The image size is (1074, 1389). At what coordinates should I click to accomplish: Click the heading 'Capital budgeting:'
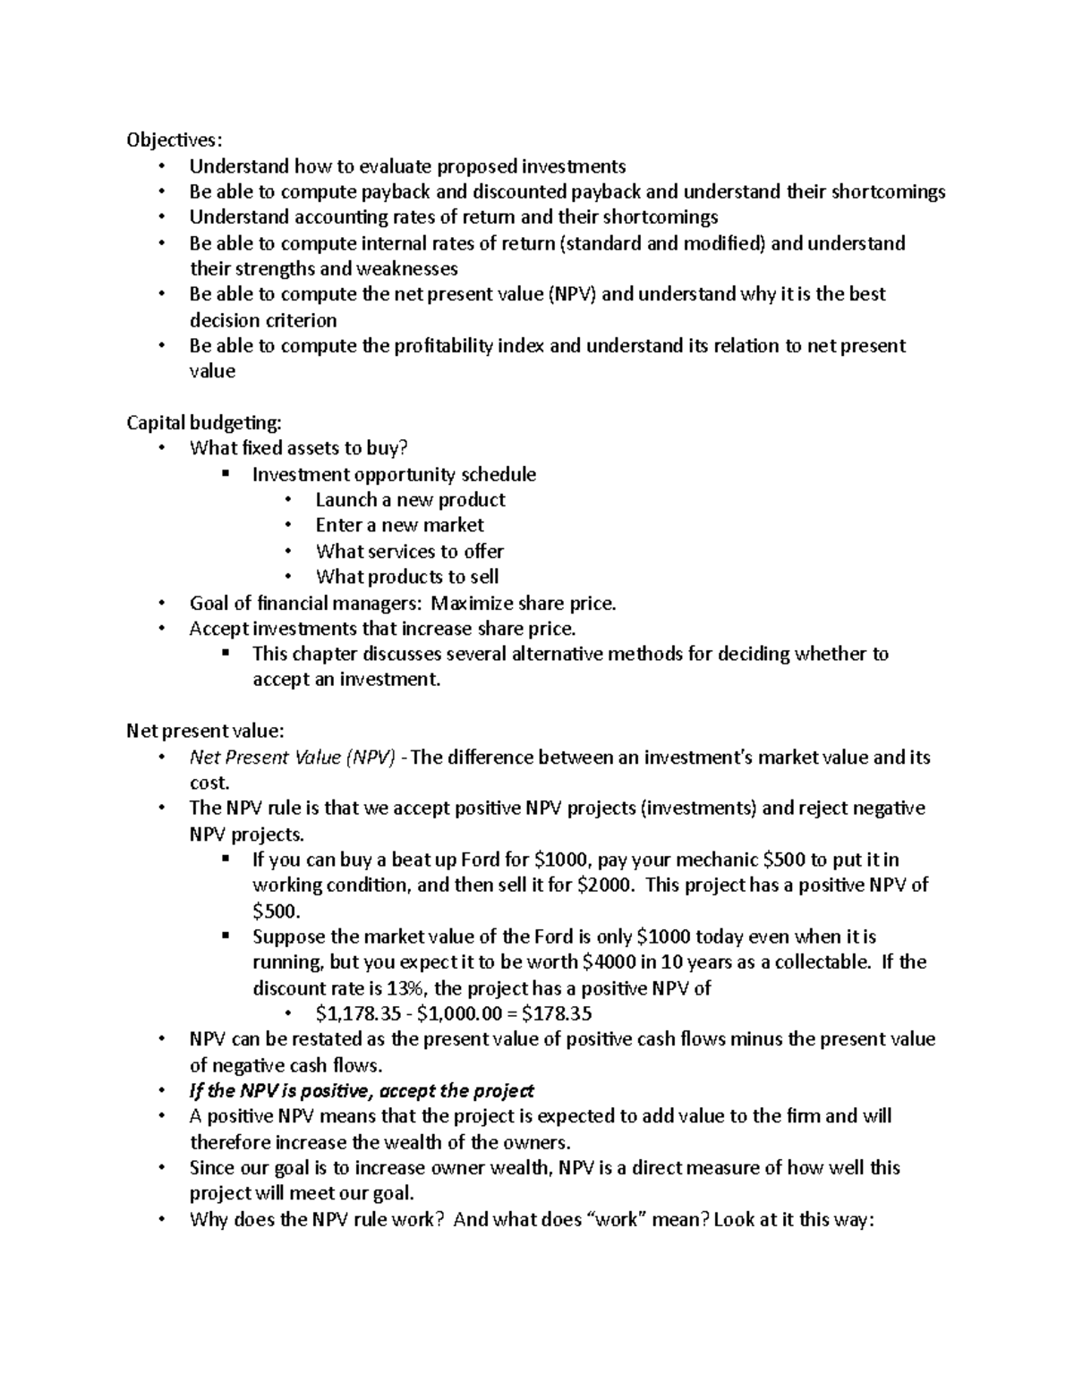[203, 422]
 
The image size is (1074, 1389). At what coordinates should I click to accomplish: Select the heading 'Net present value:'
[205, 731]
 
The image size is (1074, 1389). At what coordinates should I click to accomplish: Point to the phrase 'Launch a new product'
[410, 500]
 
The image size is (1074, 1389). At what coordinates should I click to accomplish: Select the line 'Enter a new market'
[399, 525]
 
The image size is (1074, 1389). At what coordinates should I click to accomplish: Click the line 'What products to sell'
[406, 577]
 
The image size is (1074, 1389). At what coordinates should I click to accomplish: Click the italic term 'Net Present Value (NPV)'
[292, 758]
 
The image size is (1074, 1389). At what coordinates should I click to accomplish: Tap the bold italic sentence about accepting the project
[362, 1091]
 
